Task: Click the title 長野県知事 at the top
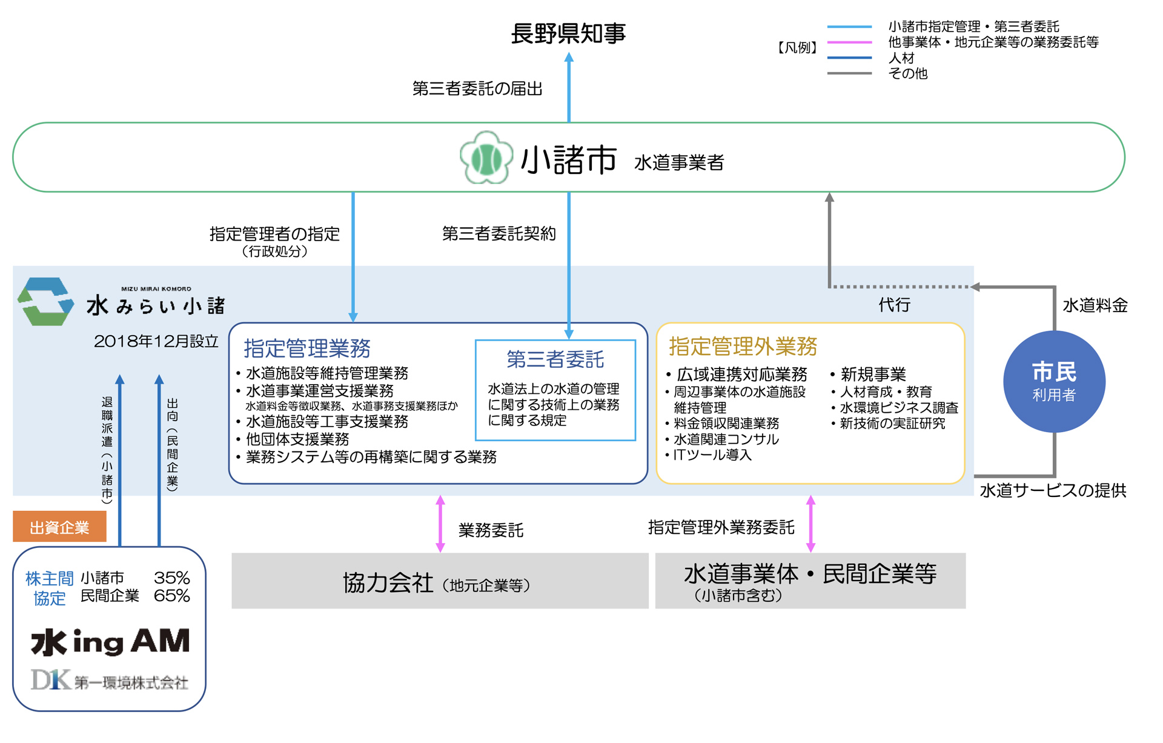point(568,33)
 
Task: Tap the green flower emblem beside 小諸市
point(486,158)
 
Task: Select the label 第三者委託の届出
point(477,89)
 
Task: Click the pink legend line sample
point(849,42)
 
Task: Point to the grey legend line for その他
point(849,73)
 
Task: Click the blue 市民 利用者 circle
point(1054,381)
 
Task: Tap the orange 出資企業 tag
point(59,527)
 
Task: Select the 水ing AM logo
point(110,642)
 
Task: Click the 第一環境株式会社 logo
point(110,681)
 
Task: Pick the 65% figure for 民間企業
point(171,596)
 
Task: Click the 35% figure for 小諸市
point(171,578)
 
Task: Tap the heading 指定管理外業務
point(743,346)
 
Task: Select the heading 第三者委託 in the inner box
point(555,359)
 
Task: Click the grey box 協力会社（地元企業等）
point(439,582)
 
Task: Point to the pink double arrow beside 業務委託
point(440,524)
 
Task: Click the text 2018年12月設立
point(156,341)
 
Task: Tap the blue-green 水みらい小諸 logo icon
point(45,301)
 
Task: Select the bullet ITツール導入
point(712,455)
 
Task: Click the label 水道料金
point(1095,305)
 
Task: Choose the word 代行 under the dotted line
point(894,305)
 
